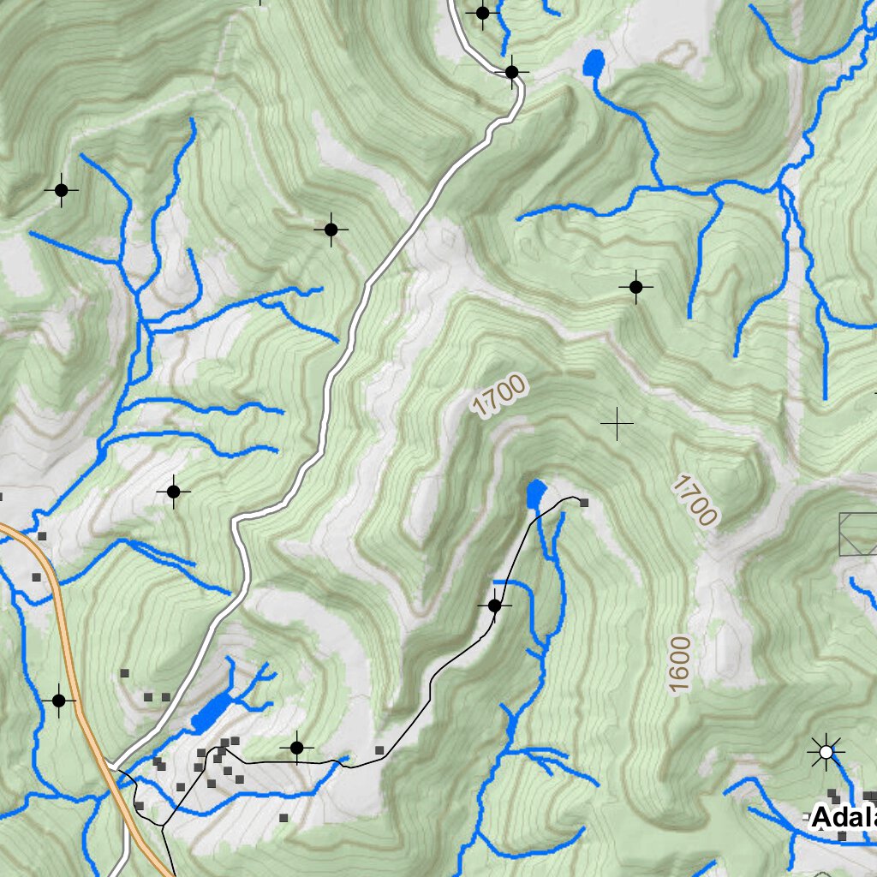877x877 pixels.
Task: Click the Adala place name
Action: click(844, 818)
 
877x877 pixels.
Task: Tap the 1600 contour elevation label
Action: click(680, 664)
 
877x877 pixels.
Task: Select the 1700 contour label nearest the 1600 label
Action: click(694, 501)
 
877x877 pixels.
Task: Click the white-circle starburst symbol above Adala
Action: click(826, 752)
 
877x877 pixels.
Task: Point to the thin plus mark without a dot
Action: click(617, 423)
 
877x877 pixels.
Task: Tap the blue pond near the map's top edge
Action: click(593, 63)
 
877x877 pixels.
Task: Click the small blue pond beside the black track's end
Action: click(535, 493)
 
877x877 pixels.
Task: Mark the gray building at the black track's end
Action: click(584, 503)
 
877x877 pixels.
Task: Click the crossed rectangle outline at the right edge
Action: click(859, 534)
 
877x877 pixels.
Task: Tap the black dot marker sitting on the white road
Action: click(511, 72)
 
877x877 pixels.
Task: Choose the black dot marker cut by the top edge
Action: click(482, 13)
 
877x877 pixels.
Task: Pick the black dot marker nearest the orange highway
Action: click(58, 701)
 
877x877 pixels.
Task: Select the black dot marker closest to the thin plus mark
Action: click(635, 287)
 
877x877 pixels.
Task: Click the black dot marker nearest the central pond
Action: click(494, 606)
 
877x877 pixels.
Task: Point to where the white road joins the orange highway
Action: click(113, 763)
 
